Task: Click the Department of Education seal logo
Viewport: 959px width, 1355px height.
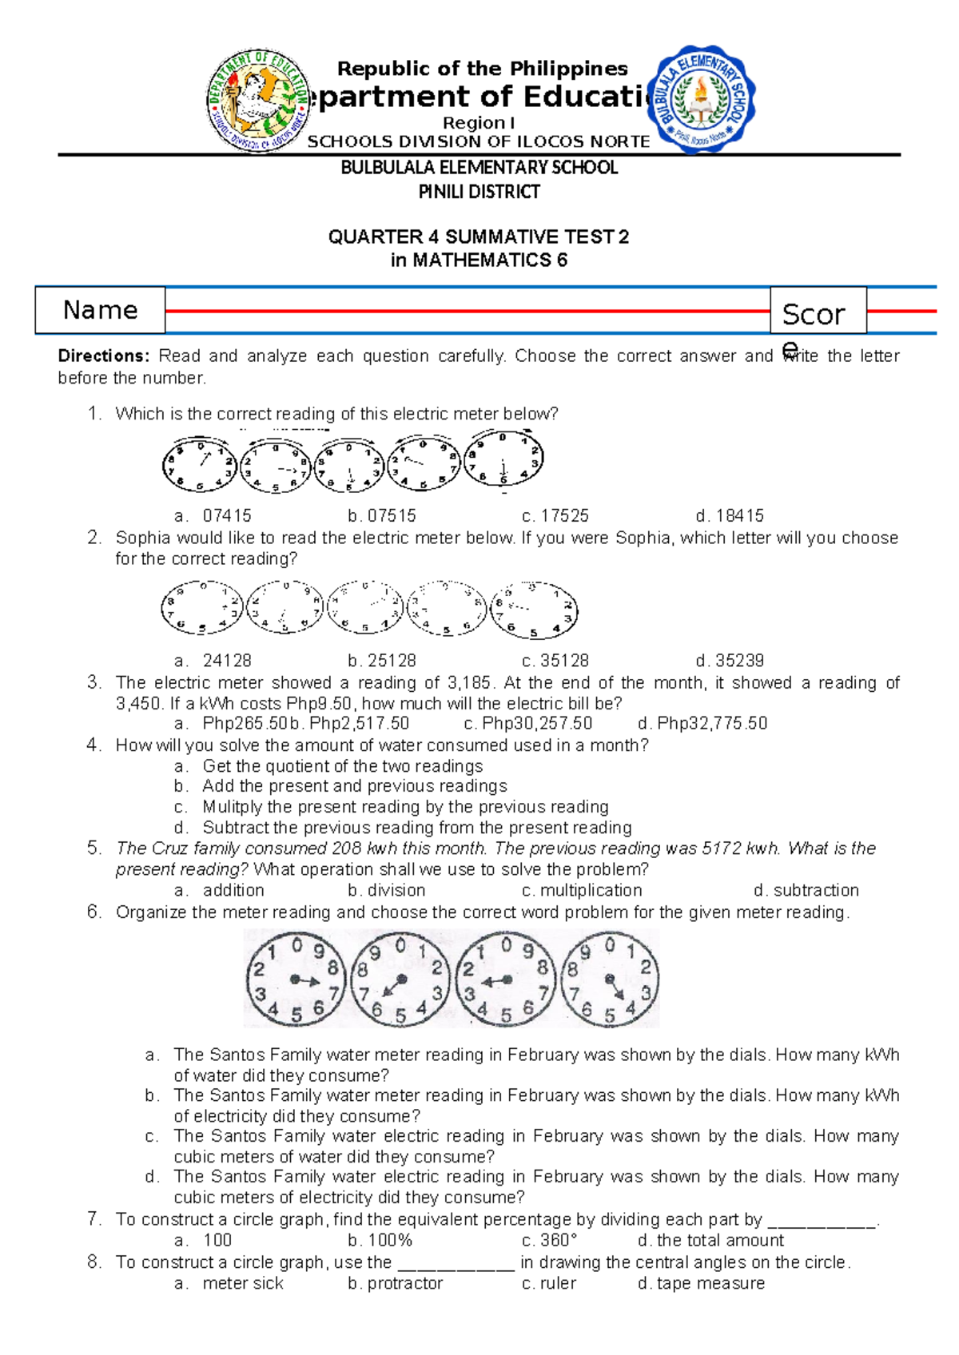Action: (257, 100)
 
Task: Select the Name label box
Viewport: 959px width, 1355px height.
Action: (100, 310)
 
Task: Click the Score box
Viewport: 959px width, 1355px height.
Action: (817, 312)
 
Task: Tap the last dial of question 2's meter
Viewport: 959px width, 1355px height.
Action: (534, 610)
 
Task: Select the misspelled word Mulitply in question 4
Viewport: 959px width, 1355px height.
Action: (233, 807)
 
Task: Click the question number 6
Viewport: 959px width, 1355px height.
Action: (94, 912)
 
